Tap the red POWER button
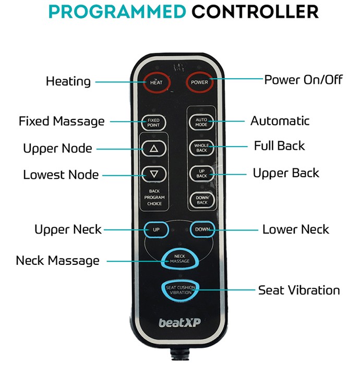[199, 82]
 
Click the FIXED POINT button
[153, 123]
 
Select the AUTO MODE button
[201, 122]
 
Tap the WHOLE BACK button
[201, 148]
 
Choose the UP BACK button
[202, 174]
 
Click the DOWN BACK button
[202, 200]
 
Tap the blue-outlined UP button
[156, 229]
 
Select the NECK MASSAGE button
[180, 259]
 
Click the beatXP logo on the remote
[179, 323]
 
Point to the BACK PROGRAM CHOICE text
[154, 198]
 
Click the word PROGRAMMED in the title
[117, 11]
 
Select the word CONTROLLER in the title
[255, 11]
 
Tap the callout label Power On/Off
[303, 80]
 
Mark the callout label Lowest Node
[61, 175]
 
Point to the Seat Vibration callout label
[299, 290]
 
